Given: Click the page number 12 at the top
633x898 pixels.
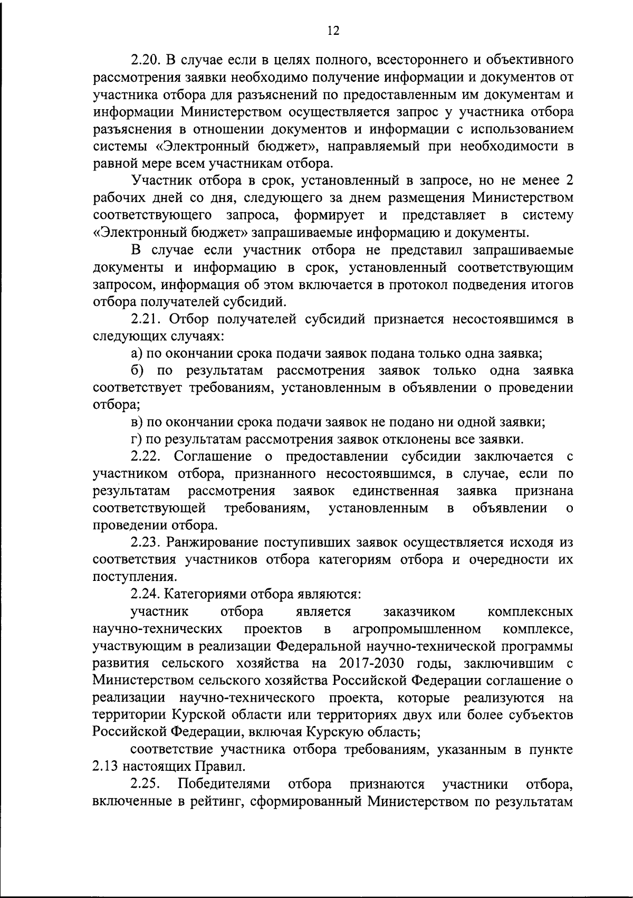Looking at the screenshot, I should pyautogui.click(x=333, y=31).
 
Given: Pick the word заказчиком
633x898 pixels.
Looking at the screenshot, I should pyautogui.click(x=419, y=612).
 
